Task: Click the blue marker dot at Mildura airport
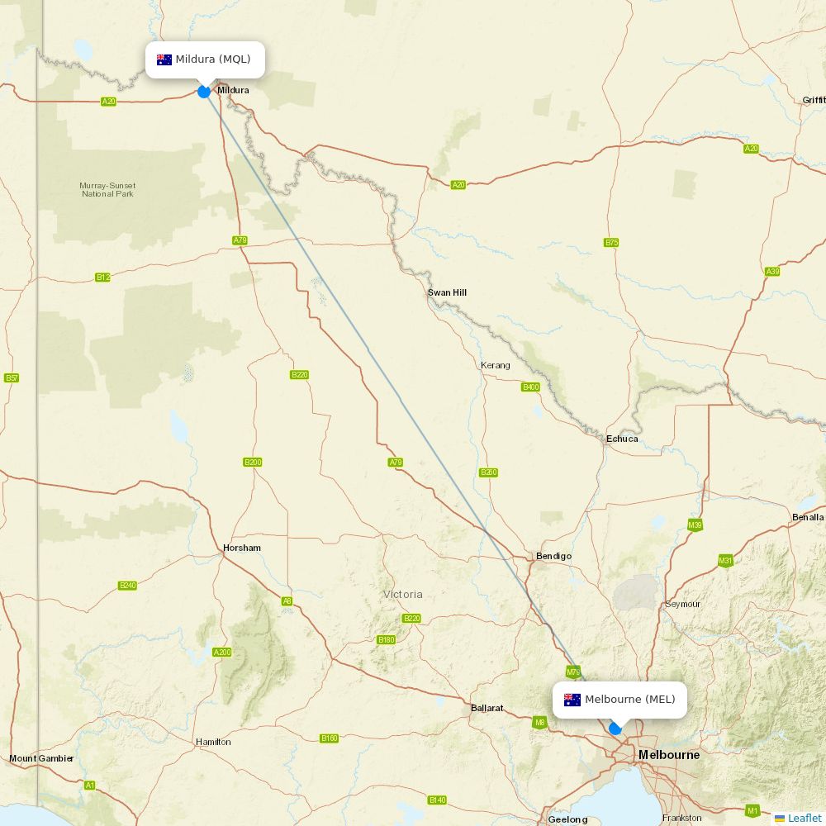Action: tap(204, 92)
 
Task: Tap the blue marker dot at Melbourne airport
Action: tap(615, 729)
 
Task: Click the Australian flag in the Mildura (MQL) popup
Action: tap(164, 59)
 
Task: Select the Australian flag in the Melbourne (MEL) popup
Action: tap(572, 700)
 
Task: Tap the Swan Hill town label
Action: tap(447, 292)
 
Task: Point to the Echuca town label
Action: tap(622, 439)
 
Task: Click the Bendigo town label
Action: tap(553, 556)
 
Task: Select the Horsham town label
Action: tap(242, 548)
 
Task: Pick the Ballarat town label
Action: tap(487, 708)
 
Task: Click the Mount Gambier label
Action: tap(41, 758)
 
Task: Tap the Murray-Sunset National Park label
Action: tap(107, 189)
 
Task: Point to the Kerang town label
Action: tap(496, 365)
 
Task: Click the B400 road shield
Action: tap(530, 387)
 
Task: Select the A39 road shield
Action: tap(772, 272)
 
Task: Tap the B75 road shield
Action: tap(611, 243)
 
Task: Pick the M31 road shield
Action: tap(725, 561)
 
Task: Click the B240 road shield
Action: tap(127, 586)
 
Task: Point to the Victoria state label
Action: tap(403, 594)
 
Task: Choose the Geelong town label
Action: tap(568, 819)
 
